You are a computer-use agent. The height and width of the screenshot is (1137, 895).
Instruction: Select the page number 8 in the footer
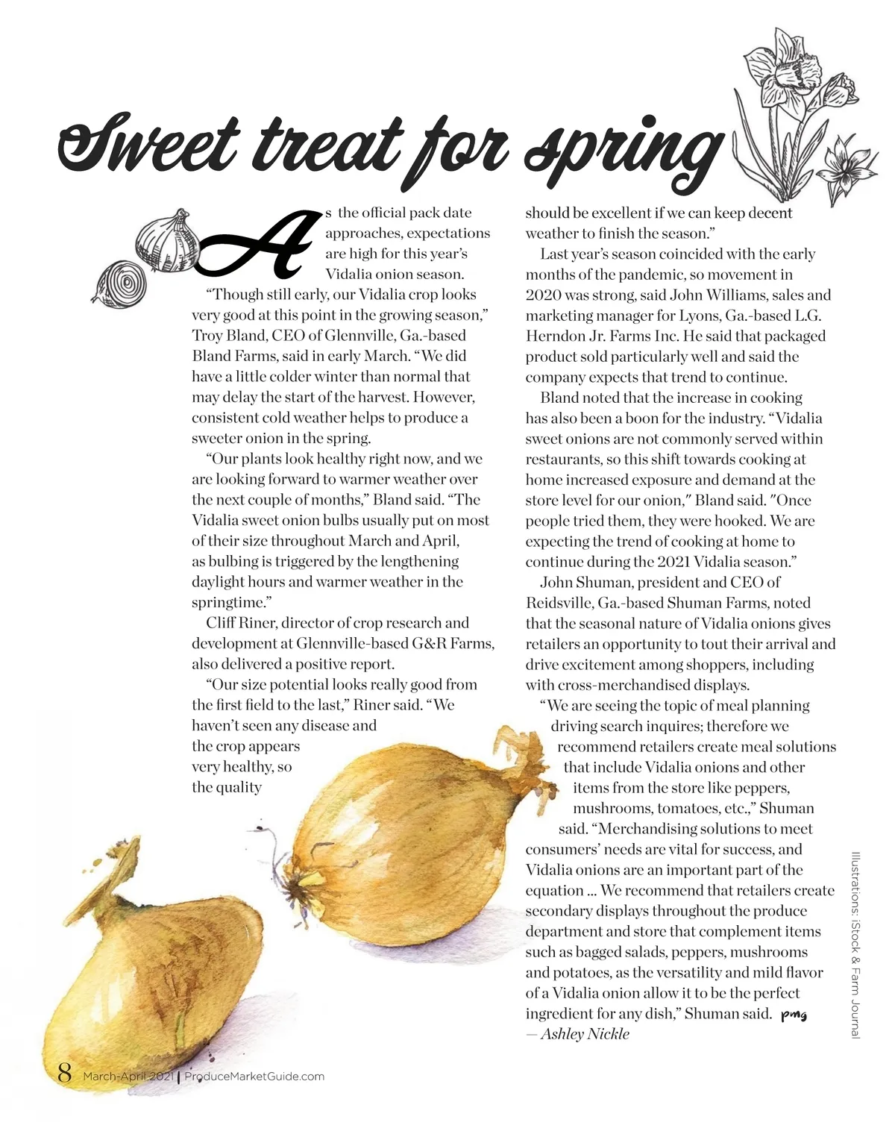click(x=65, y=1074)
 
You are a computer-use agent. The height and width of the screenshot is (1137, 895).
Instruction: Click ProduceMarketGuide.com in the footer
click(x=254, y=1076)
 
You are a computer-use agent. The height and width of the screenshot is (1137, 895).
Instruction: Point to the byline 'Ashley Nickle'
click(x=585, y=1034)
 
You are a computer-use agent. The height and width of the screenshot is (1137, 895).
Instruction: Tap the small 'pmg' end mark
click(x=794, y=1015)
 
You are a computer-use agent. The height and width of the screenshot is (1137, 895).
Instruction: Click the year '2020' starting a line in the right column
click(x=544, y=295)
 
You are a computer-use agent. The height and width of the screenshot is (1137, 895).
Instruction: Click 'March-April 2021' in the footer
click(x=128, y=1076)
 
